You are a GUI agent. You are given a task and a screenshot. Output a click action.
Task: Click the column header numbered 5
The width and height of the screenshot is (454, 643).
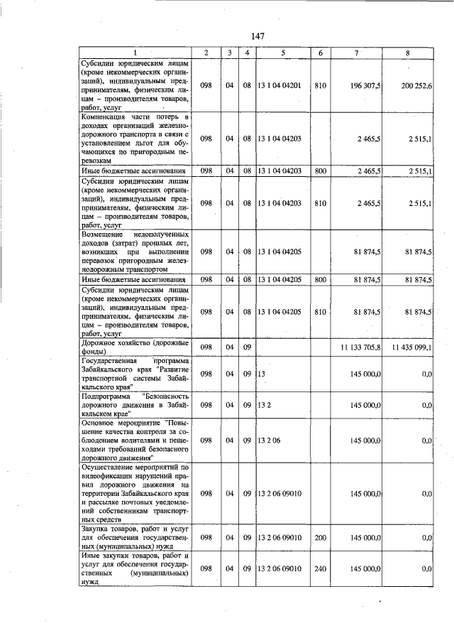point(282,53)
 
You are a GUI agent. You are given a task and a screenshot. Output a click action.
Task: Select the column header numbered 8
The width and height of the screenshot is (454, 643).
point(407,53)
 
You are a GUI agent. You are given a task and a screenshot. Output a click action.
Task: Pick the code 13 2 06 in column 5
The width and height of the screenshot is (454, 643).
point(270,441)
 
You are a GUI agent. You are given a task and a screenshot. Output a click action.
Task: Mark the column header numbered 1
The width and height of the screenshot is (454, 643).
point(134,53)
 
